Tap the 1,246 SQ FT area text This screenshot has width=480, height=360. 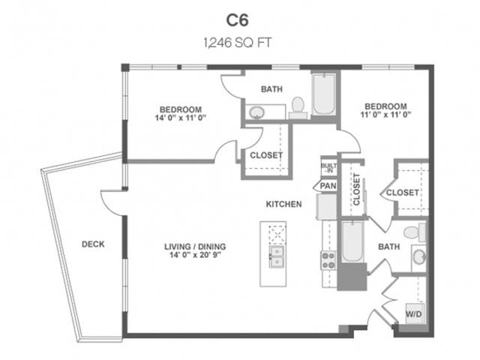239,43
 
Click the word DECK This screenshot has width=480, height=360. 93,244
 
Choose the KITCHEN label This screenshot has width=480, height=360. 283,203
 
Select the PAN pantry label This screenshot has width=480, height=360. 327,185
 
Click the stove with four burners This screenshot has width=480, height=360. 328,260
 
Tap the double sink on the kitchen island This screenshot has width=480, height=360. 277,256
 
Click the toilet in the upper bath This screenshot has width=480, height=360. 297,106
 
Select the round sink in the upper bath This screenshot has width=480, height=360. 257,113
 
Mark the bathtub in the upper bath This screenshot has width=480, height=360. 324,96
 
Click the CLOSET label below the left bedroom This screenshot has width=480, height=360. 265,155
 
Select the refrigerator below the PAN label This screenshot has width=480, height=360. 326,205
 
